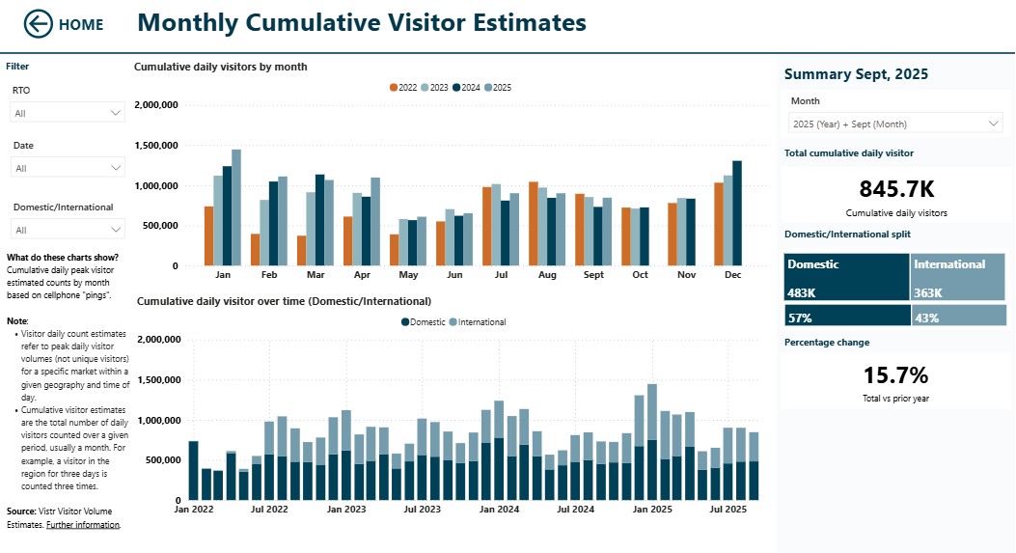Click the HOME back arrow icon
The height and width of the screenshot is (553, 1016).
coord(39,24)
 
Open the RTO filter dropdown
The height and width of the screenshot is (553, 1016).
coord(68,113)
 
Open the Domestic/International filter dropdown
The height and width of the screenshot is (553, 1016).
coord(68,230)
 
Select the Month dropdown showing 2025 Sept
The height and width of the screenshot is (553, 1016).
coord(895,124)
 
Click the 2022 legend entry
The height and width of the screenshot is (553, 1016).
coord(403,88)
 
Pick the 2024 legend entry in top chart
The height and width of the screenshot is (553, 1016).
coord(466,88)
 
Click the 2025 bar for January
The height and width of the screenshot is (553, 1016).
coord(236,207)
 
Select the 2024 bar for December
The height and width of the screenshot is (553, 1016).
coord(737,212)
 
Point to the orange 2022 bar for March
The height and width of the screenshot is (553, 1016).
coord(302,251)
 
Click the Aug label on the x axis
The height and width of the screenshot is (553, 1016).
coord(547,275)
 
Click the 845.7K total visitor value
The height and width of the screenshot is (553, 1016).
coord(896,189)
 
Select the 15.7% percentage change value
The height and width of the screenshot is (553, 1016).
coord(896,374)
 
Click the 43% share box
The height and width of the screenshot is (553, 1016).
coord(958,317)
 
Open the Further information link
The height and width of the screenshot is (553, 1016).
coord(83,525)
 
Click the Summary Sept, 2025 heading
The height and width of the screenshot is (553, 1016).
coord(856,74)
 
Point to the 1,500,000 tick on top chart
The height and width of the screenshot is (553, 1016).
coord(155,146)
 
